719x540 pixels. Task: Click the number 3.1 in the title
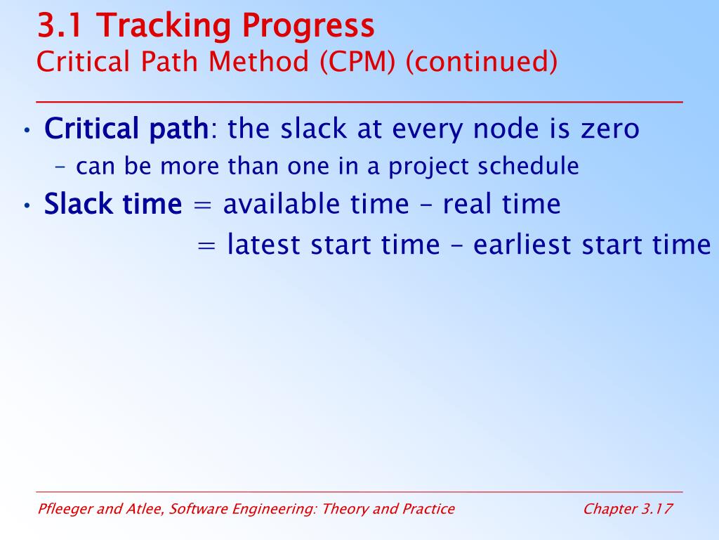coord(60,26)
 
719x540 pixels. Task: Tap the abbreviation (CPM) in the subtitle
coord(357,62)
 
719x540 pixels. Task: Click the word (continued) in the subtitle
coord(482,62)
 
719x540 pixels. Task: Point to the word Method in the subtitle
coord(258,61)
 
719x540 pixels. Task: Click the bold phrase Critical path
coord(126,129)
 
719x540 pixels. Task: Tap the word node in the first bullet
coord(506,128)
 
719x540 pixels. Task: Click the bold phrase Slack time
coord(113,204)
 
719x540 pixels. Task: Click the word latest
coord(264,244)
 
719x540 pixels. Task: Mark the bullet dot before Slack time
coord(27,206)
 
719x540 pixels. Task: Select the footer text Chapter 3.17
coord(628,509)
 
